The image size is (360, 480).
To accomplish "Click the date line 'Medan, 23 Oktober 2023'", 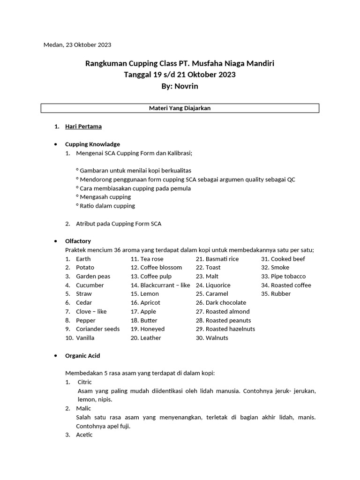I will click(77, 45).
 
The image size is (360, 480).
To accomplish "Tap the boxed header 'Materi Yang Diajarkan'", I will click(180, 108).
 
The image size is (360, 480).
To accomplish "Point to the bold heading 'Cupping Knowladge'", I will click(92, 144).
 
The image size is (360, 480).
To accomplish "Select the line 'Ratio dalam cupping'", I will click(107, 206).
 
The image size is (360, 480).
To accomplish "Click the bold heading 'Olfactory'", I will click(78, 241).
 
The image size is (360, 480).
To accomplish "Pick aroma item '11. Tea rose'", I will click(147, 259).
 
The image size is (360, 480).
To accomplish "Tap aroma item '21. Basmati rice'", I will click(217, 259).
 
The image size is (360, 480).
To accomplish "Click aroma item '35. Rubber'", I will click(276, 294).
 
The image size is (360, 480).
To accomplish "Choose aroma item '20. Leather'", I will click(146, 338).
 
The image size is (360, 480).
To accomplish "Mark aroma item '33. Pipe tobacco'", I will click(283, 277).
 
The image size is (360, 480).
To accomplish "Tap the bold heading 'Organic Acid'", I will click(82, 356).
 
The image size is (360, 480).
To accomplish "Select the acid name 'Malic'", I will click(83, 409).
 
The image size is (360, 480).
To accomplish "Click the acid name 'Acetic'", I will click(84, 435).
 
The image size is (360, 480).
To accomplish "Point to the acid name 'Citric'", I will click(85, 382).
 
